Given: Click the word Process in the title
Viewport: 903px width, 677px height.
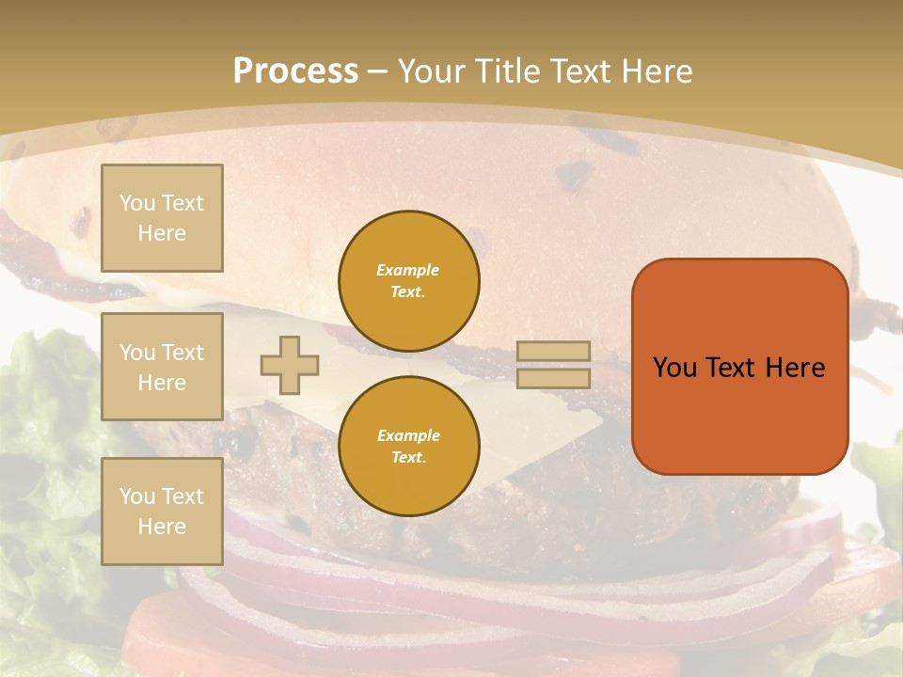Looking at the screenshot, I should click(295, 71).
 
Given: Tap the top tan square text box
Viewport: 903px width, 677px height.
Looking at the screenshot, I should click(162, 218).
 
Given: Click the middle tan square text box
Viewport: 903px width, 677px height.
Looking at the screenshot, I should click(162, 367).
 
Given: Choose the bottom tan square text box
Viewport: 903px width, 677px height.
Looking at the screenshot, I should click(162, 512).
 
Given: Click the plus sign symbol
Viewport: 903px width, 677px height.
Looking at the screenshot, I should click(290, 365).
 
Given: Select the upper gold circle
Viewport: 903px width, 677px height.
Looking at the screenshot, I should click(408, 281).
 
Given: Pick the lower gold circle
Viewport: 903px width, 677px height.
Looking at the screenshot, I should click(408, 447).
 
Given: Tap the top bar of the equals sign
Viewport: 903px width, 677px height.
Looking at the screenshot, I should click(554, 352).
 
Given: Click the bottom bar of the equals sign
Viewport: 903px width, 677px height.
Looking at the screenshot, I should click(554, 379).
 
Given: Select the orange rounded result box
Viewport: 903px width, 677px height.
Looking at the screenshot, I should click(739, 367).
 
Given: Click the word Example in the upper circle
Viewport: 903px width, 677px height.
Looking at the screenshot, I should click(408, 270).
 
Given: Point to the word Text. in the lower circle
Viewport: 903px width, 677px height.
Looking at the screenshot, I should click(408, 458).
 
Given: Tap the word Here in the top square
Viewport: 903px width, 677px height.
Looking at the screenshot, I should click(162, 233).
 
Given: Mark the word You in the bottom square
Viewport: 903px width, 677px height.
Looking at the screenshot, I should click(136, 496).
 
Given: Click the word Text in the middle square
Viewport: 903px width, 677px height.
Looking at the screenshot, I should click(182, 353).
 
